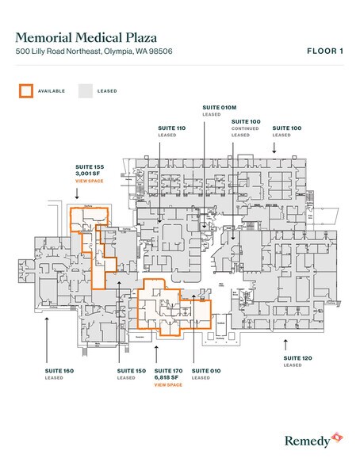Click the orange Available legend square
[x=26, y=90]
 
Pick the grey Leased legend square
[x=85, y=90]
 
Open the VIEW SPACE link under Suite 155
[x=89, y=181]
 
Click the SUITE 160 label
[x=59, y=370]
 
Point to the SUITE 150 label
[x=131, y=370]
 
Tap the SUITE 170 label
[x=168, y=370]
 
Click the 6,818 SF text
[x=167, y=377]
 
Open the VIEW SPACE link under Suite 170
[x=168, y=384]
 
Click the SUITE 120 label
[x=297, y=357]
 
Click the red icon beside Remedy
[x=338, y=437]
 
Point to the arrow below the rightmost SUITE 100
[x=275, y=146]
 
